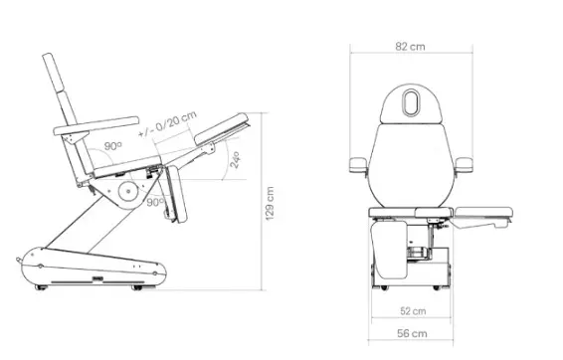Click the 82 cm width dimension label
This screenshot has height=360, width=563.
tap(410, 47)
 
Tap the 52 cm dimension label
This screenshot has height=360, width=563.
tap(413, 311)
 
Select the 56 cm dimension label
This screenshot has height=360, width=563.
tap(412, 333)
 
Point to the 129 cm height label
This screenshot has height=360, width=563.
tap(270, 203)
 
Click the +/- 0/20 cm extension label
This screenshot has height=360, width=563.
tap(168, 124)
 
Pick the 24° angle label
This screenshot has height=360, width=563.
tap(235, 160)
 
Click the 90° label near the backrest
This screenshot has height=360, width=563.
tap(113, 146)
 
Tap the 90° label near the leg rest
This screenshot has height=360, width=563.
tap(155, 203)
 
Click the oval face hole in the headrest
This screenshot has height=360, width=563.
tap(411, 102)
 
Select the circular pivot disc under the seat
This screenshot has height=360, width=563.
tap(128, 192)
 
